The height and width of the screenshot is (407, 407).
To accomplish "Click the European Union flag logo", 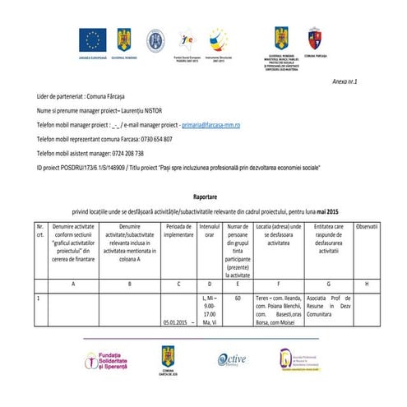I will click(x=92, y=38).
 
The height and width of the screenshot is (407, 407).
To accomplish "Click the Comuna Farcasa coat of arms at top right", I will click(x=313, y=37).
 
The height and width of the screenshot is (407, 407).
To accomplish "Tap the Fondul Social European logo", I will click(x=187, y=39).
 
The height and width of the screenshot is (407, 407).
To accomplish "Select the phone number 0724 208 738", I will click(x=123, y=153).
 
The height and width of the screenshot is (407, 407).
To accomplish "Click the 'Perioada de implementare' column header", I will click(x=178, y=230).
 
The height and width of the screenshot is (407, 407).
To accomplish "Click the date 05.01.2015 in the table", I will click(x=174, y=323).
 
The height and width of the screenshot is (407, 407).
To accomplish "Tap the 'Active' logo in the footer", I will click(x=232, y=359).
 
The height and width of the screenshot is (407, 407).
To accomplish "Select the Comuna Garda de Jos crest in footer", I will click(x=167, y=358).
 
